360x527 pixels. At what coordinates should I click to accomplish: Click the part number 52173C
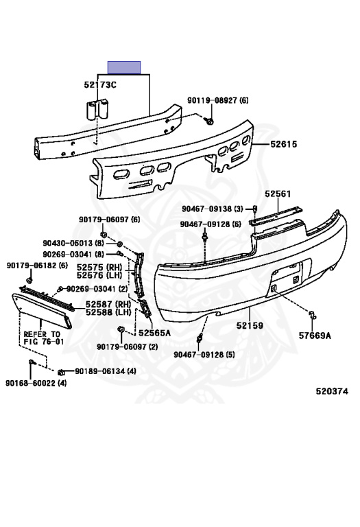click(x=100, y=84)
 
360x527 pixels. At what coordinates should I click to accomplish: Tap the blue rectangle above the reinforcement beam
click(x=124, y=67)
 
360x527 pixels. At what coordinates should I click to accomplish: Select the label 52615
click(x=284, y=144)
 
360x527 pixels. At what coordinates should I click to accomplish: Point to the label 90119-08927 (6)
click(x=218, y=100)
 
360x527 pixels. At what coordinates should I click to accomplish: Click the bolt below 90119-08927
click(x=211, y=121)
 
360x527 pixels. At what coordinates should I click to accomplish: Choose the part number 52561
click(x=278, y=194)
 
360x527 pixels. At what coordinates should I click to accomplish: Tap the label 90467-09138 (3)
click(x=213, y=209)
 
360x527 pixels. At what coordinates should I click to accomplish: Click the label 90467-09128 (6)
click(x=211, y=224)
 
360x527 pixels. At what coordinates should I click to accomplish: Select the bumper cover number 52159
click(x=250, y=325)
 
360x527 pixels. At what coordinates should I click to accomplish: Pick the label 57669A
click(x=315, y=336)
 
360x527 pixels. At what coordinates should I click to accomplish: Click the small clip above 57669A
click(x=312, y=315)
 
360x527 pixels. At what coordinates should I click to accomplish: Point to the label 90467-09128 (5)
click(x=204, y=354)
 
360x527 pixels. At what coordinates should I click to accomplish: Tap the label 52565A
click(x=154, y=333)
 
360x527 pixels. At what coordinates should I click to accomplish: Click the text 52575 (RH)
click(x=99, y=268)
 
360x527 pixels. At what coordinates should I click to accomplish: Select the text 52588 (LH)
click(x=108, y=312)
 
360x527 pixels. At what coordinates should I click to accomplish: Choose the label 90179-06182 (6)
click(x=37, y=266)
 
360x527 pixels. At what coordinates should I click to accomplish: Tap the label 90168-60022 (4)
click(x=36, y=383)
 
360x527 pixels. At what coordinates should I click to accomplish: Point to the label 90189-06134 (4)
click(x=106, y=371)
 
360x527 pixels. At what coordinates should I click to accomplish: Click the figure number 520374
click(x=332, y=391)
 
